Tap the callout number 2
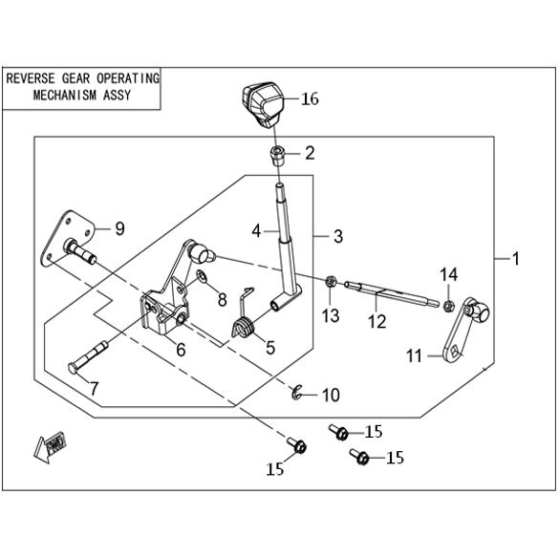[310, 153]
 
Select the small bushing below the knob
[278, 156]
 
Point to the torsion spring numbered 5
[243, 327]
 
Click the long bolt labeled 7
[88, 357]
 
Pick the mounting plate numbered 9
[68, 238]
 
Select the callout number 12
[377, 322]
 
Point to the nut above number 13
[331, 282]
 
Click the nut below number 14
[448, 306]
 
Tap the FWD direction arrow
[51, 447]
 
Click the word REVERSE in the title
[31, 78]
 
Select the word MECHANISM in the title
[65, 96]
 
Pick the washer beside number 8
[202, 275]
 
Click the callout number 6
[182, 350]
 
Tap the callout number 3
[338, 236]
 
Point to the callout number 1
[516, 259]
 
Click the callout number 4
[256, 232]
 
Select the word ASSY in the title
[117, 96]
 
